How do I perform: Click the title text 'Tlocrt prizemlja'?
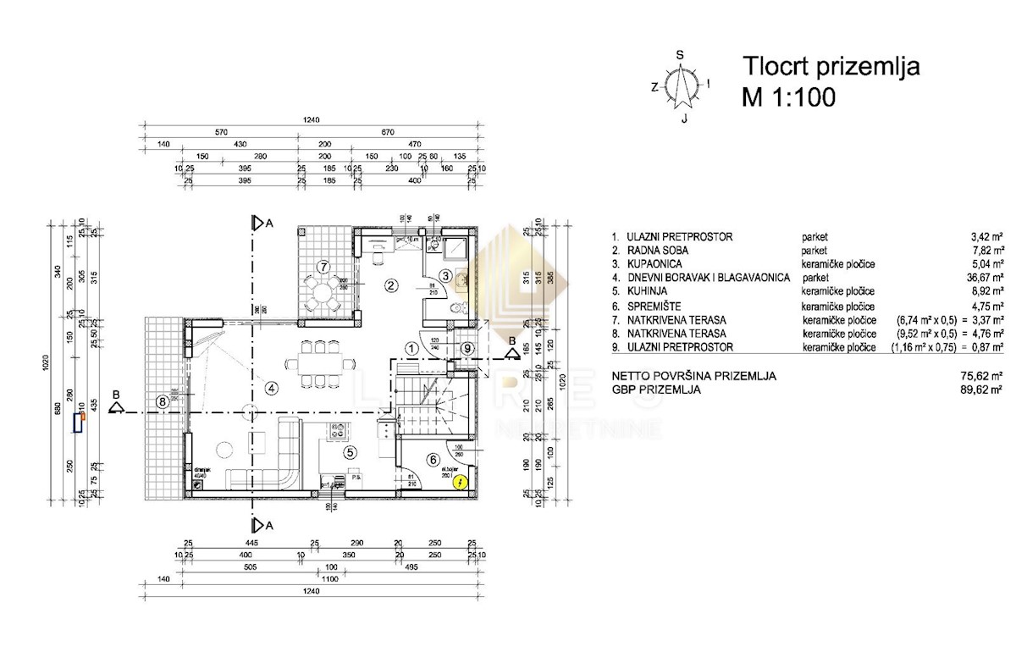[x=831, y=66]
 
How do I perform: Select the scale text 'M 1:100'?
[x=788, y=97]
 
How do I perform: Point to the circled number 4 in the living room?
[x=271, y=389]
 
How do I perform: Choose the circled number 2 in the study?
[x=390, y=285]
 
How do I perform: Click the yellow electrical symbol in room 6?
[x=460, y=483]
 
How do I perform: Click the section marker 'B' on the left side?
[x=118, y=406]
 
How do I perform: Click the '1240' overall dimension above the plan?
[x=312, y=120]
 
